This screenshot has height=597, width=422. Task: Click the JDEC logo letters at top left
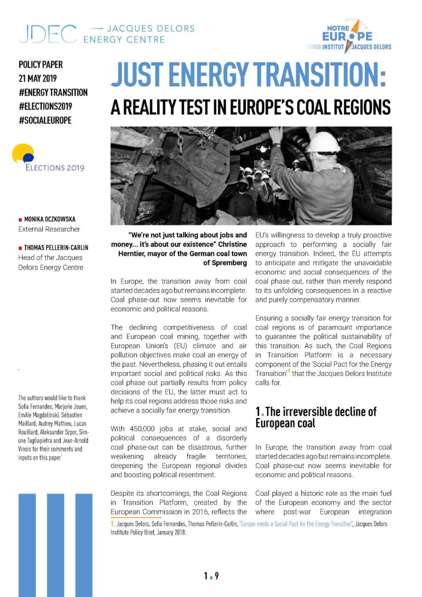coord(47,34)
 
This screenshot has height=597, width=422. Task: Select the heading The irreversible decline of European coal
coord(315,417)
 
